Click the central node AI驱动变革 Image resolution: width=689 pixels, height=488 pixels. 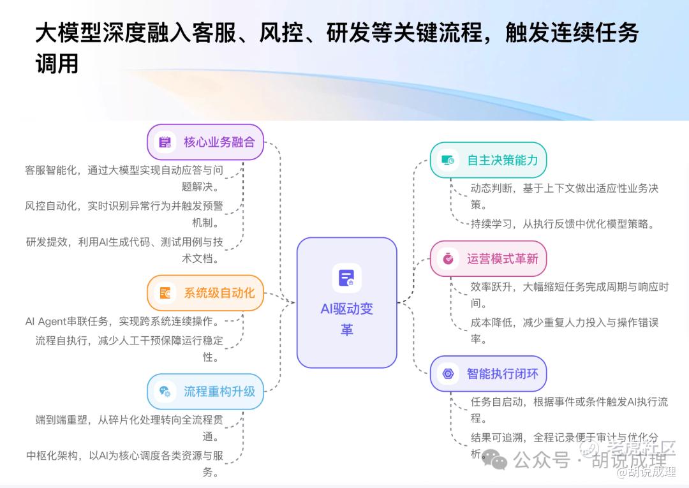click(x=346, y=302)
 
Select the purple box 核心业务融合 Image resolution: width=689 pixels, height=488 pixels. click(x=205, y=142)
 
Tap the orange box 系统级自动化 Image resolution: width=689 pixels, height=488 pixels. click(x=205, y=293)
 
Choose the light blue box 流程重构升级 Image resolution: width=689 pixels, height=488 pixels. click(x=205, y=392)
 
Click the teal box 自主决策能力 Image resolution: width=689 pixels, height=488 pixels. click(x=488, y=160)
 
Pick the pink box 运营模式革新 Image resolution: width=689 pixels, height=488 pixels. click(x=488, y=259)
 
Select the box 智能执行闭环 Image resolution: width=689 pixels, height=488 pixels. click(x=488, y=374)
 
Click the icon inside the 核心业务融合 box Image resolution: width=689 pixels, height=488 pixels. click(x=165, y=142)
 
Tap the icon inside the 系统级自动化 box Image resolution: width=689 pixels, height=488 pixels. click(x=165, y=293)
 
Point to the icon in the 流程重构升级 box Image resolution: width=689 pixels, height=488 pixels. click(x=165, y=392)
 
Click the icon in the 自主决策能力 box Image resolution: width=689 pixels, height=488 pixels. click(x=448, y=160)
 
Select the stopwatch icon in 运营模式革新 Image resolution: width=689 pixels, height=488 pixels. click(x=448, y=259)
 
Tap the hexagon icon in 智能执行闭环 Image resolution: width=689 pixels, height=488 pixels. click(x=448, y=374)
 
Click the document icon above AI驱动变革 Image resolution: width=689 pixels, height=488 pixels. click(x=346, y=278)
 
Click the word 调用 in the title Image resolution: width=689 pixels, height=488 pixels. click(x=57, y=64)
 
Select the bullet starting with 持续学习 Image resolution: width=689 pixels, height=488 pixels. click(x=563, y=224)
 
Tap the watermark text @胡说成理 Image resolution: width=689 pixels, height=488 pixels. click(x=646, y=472)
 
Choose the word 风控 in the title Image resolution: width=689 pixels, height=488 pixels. click(x=282, y=33)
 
